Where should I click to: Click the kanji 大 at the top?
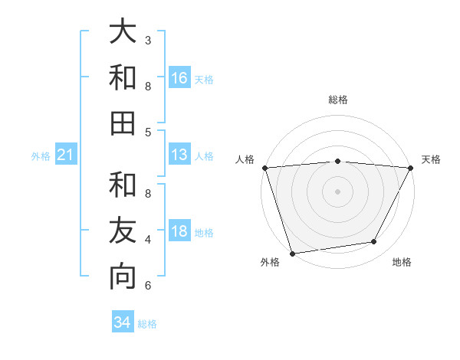123,33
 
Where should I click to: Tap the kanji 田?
123,123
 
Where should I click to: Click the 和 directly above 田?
123,78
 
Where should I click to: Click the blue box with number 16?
179,78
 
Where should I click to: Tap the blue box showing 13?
179,155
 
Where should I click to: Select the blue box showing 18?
179,232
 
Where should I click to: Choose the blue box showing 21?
66,155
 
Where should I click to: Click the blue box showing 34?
123,322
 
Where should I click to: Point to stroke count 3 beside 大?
148,40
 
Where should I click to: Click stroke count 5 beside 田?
148,132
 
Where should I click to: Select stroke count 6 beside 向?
148,286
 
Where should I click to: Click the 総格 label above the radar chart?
337,100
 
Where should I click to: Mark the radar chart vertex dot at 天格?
412,168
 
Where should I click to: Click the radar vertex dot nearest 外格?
292,253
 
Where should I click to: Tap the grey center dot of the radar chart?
337,191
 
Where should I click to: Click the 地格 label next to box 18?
204,233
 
